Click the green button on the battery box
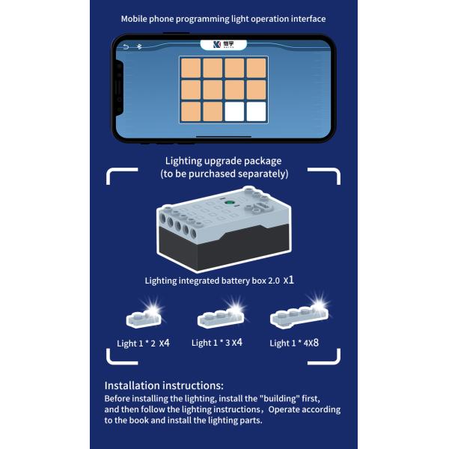[x=229, y=203]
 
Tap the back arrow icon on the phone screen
[x=126, y=46]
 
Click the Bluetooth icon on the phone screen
[x=139, y=46]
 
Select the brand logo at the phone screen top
[x=223, y=45]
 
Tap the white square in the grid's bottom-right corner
[x=256, y=112]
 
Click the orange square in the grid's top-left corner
[x=191, y=68]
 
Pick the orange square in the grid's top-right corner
[x=256, y=68]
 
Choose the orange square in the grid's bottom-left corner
[x=191, y=112]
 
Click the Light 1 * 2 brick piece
[x=144, y=319]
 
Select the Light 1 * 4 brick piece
[x=299, y=317]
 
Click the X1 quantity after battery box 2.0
[x=289, y=280]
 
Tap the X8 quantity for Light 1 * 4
[x=314, y=343]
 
